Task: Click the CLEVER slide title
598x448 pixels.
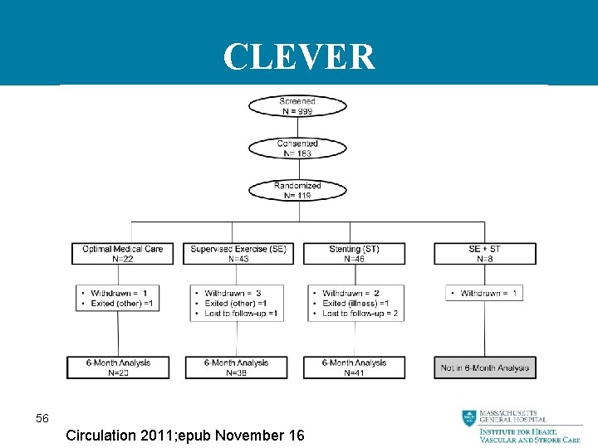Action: point(299,57)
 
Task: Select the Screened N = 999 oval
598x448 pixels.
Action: point(297,106)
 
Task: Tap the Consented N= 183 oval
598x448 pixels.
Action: point(297,149)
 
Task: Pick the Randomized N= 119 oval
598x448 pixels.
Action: point(297,191)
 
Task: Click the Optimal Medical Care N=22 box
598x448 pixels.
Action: point(119,254)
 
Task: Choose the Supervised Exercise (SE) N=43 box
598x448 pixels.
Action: point(238,254)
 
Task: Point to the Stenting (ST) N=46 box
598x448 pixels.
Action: point(355,254)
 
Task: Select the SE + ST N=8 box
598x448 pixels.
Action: point(484,254)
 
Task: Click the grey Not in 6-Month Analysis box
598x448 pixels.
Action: point(484,368)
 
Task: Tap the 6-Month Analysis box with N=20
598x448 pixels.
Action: point(119,368)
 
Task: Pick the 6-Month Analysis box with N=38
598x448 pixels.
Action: point(237,368)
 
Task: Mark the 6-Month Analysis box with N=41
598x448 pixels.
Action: point(354,368)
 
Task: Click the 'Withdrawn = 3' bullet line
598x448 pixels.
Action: point(233,294)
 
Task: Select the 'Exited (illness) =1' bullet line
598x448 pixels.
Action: point(355,304)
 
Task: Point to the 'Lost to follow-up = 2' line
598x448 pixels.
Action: point(360,314)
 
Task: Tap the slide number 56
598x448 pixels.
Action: point(42,419)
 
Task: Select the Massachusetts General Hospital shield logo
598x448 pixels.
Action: point(469,419)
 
